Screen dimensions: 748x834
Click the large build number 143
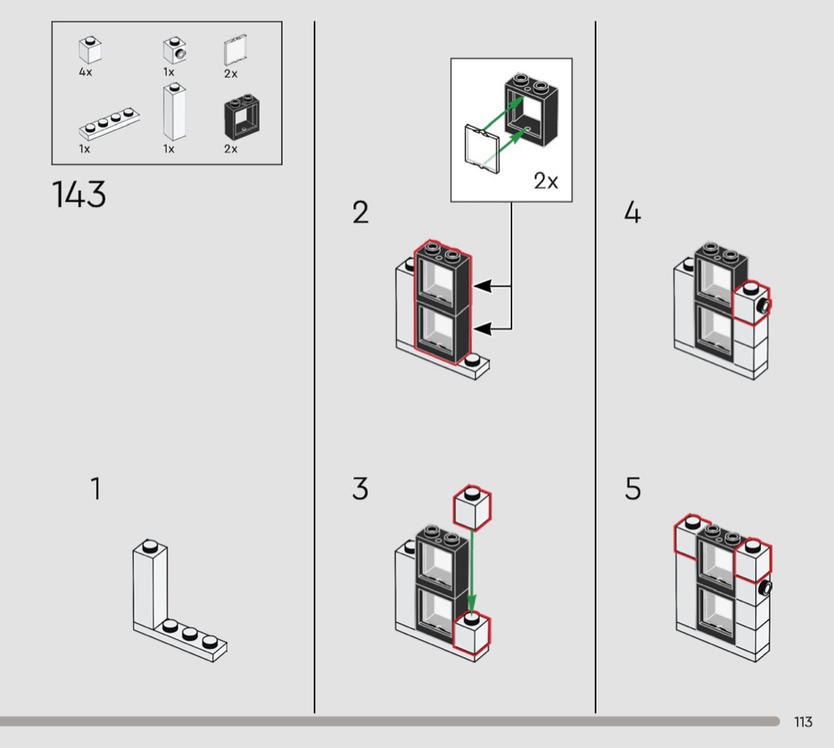click(x=79, y=195)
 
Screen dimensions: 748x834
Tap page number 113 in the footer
click(x=802, y=722)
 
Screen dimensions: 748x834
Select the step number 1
click(x=95, y=488)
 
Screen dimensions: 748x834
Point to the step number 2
click(x=361, y=213)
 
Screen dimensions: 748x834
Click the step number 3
click(x=360, y=488)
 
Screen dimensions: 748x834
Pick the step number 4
click(x=632, y=213)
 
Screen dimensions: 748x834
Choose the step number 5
click(x=632, y=488)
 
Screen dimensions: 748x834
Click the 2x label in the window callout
click(x=546, y=181)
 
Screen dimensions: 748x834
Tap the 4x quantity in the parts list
click(x=86, y=71)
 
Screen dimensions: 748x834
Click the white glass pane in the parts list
click(x=234, y=52)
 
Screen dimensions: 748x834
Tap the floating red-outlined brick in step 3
click(x=473, y=510)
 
